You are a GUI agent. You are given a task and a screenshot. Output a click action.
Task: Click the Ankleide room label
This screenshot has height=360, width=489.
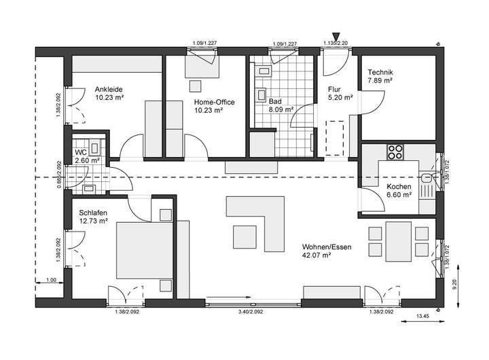coord(109,89)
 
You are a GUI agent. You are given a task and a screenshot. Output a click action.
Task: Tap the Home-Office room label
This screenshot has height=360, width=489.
coord(215,102)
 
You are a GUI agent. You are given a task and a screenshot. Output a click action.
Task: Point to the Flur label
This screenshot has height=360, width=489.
coord(333,89)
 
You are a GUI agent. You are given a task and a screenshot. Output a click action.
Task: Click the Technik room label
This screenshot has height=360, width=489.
coord(380,72)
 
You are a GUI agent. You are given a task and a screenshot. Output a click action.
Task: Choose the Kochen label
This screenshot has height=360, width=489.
coord(399,187)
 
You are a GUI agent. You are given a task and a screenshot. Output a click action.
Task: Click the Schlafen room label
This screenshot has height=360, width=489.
coord(92,212)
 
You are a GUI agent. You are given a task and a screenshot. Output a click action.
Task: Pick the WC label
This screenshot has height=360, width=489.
coord(80,152)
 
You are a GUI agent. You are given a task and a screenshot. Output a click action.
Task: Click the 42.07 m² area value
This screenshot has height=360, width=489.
coord(316,255)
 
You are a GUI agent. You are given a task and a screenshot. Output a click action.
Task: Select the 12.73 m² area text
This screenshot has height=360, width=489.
coord(92,220)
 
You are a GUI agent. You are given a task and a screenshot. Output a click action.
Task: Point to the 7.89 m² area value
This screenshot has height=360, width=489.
coord(380,80)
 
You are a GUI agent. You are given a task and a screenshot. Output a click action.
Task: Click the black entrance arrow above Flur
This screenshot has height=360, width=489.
coord(336,37)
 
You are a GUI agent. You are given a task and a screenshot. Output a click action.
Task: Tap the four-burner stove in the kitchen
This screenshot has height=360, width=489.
coord(395,151)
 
